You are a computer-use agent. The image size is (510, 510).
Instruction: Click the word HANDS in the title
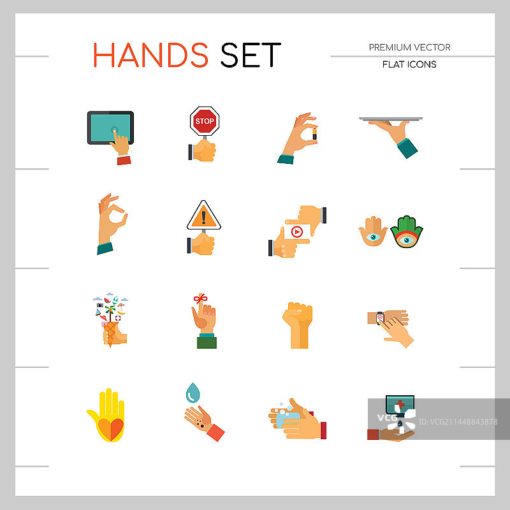point(150,55)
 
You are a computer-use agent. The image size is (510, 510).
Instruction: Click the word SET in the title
point(251,55)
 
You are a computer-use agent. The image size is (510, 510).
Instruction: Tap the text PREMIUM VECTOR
point(409,47)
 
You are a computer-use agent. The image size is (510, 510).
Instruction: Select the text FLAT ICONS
point(409,64)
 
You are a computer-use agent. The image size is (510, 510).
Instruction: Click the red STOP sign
point(205,120)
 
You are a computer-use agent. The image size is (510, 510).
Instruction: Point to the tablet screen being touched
point(110,128)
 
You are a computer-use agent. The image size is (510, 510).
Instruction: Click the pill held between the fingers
point(314,134)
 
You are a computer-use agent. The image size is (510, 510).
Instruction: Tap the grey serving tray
point(391,119)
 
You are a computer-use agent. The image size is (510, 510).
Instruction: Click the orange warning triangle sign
point(204,215)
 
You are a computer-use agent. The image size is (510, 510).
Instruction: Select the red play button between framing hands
point(296,232)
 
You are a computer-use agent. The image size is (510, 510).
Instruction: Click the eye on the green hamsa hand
point(407,240)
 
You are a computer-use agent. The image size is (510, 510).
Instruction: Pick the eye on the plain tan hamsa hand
point(373,237)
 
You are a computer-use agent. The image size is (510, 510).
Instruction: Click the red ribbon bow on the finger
point(200,298)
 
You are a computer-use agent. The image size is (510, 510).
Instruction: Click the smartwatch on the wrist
point(379,317)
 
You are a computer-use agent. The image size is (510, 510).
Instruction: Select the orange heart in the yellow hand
point(110,429)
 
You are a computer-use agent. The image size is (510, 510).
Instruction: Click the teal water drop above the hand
point(193,393)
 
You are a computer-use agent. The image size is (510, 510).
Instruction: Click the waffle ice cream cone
point(110,334)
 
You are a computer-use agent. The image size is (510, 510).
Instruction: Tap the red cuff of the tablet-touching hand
point(124,160)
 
